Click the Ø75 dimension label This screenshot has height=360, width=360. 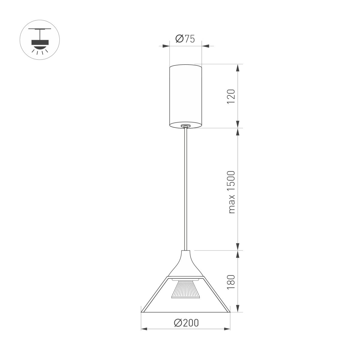click(x=185, y=39)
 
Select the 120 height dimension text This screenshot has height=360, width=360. click(x=231, y=96)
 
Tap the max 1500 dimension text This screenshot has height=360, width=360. click(x=231, y=192)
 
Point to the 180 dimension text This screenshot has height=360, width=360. click(x=231, y=280)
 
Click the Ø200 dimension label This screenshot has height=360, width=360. click(x=186, y=323)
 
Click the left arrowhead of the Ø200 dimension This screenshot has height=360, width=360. click(x=144, y=329)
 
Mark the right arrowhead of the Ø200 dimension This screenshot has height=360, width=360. click(x=227, y=329)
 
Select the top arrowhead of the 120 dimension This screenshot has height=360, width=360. click(x=238, y=68)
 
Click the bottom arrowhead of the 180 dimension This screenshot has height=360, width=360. click(x=238, y=309)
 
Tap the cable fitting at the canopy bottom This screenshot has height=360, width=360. click(x=186, y=126)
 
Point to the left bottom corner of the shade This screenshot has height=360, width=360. click(x=142, y=312)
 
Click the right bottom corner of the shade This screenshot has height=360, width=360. click(x=229, y=312)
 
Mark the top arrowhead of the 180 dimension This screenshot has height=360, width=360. click(x=238, y=254)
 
